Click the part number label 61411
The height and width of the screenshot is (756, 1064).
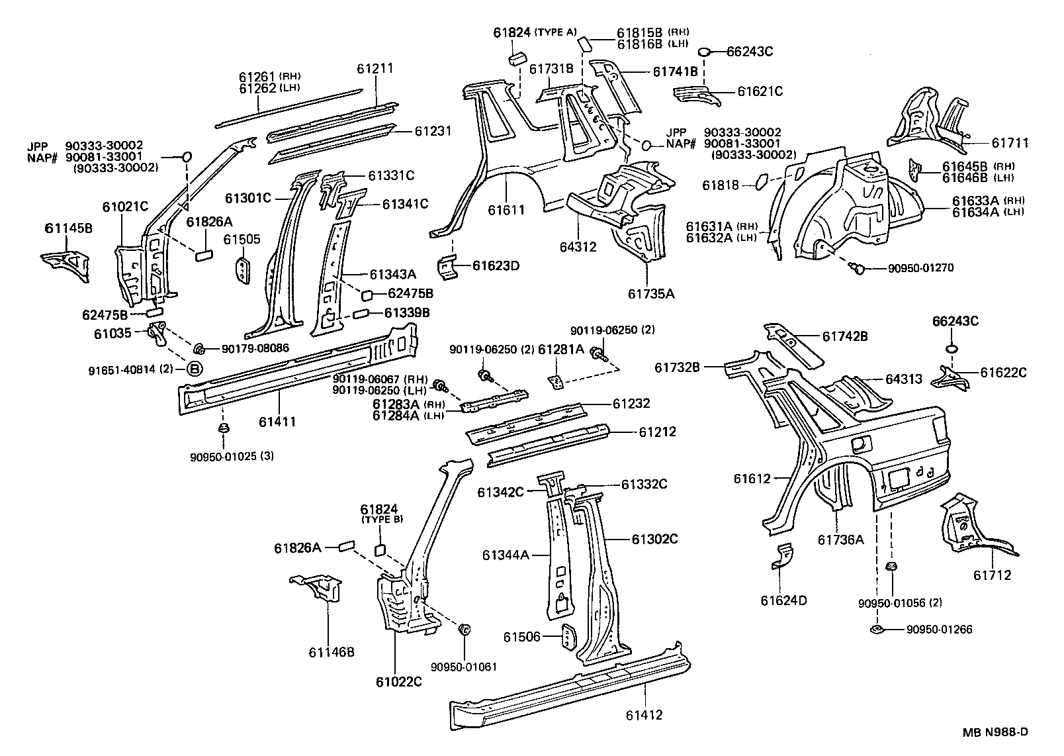click(x=277, y=422)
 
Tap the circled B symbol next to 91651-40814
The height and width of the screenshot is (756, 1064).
click(x=195, y=369)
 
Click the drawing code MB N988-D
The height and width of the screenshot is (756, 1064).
click(x=995, y=732)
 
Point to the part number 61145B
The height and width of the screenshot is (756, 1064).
click(x=68, y=229)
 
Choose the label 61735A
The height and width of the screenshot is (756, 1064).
click(x=651, y=293)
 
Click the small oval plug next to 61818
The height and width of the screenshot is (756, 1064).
click(x=761, y=181)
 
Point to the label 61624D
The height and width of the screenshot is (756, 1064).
click(x=783, y=600)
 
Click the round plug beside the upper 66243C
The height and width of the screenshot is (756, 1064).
click(x=705, y=52)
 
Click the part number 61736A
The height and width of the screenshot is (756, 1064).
click(x=840, y=540)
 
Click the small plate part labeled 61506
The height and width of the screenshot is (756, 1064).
click(x=568, y=637)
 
